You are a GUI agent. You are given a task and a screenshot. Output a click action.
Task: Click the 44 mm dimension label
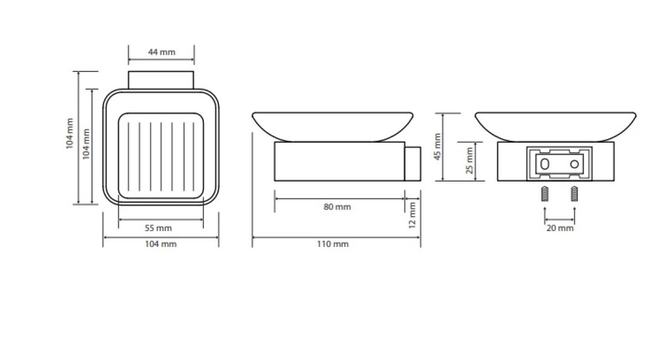(162, 52)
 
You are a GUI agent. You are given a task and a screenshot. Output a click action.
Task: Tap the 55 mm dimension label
(158, 228)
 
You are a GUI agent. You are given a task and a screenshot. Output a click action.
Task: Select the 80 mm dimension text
(337, 207)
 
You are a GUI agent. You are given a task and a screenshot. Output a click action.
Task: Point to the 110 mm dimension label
(333, 244)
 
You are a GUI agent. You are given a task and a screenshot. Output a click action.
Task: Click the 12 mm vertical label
(413, 215)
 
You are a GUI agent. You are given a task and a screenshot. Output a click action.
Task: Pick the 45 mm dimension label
(437, 147)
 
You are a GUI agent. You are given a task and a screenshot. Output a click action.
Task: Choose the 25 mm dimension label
(469, 160)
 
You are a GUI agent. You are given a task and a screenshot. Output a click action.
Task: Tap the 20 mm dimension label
(560, 228)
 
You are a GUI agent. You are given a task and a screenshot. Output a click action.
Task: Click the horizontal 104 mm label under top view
(161, 244)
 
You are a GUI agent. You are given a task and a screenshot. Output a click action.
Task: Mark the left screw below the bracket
(545, 194)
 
